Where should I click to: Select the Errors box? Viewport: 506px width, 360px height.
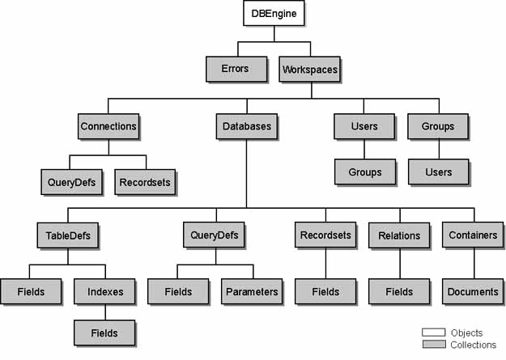click(x=235, y=69)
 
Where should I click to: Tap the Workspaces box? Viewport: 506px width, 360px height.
click(x=310, y=69)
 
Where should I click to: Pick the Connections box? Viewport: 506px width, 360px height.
click(x=108, y=126)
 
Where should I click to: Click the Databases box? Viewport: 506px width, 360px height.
click(x=247, y=126)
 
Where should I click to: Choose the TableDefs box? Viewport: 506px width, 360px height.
click(x=67, y=235)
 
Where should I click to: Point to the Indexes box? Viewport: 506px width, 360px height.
click(x=104, y=291)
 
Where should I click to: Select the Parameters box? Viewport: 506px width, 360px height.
click(x=252, y=291)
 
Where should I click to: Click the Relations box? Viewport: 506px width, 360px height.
click(x=399, y=235)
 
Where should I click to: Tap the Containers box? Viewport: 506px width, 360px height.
click(x=472, y=235)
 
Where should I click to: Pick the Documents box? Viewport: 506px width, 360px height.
click(x=472, y=291)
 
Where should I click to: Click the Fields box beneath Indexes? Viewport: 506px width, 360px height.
click(x=104, y=332)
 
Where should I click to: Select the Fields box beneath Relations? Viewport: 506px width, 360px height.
click(x=399, y=291)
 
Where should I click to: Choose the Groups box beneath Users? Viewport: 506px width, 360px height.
click(x=365, y=172)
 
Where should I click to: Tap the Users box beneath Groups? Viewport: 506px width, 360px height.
click(x=438, y=172)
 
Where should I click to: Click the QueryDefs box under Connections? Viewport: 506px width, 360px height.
click(x=70, y=182)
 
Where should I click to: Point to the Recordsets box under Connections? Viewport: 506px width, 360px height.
click(x=145, y=182)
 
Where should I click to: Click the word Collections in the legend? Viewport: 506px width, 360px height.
click(x=474, y=345)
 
